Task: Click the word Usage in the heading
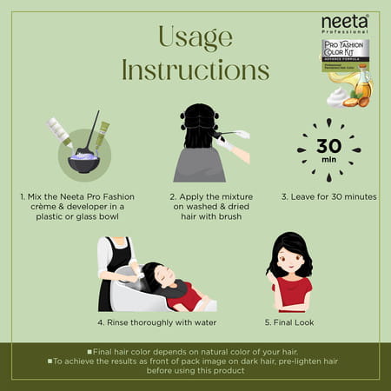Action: coord(195,36)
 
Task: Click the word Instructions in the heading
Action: coord(195,70)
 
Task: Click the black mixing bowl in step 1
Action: coord(83,162)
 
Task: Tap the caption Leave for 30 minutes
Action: coord(328,196)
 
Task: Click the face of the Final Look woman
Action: coord(293,259)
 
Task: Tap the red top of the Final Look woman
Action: coord(292,292)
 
